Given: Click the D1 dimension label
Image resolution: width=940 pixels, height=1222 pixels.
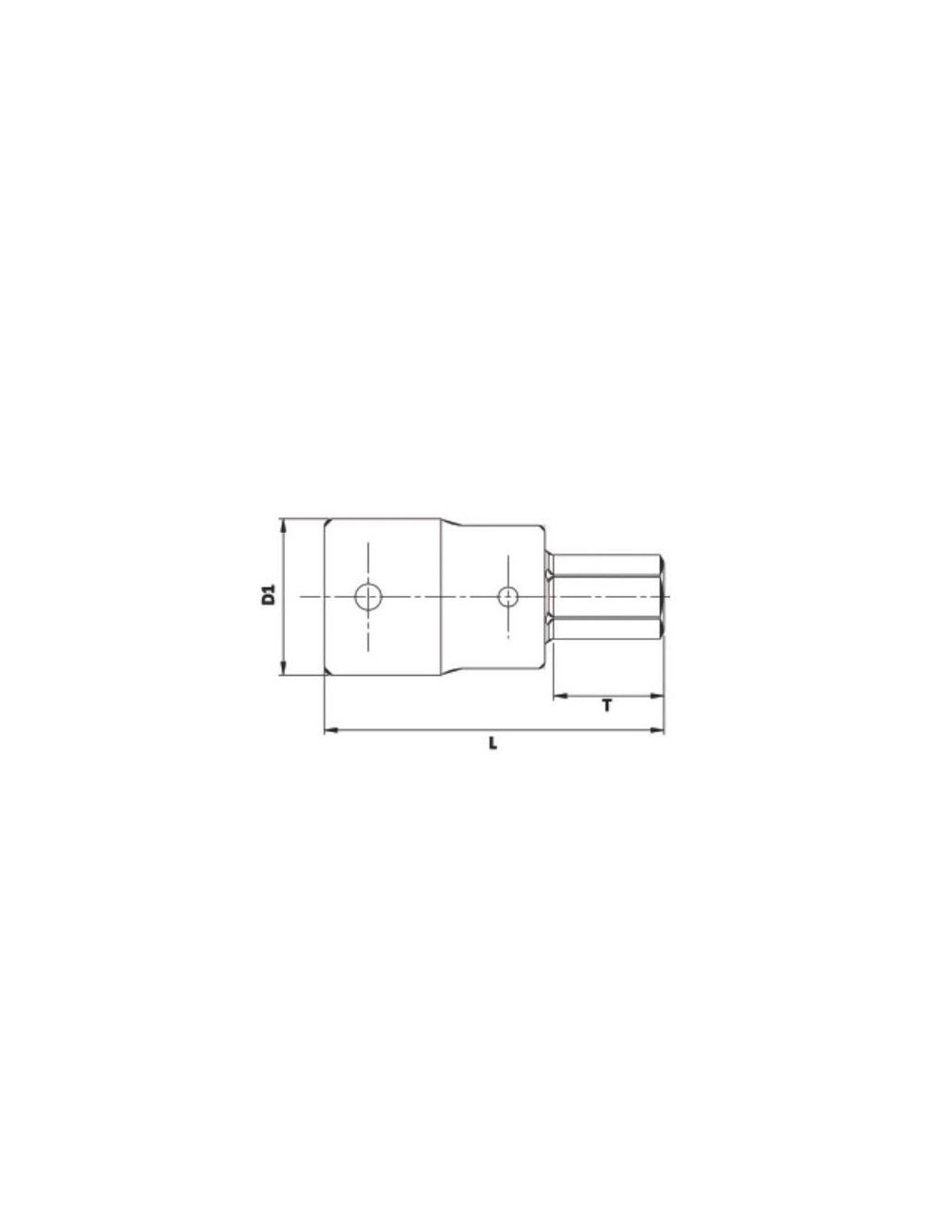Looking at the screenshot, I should pyautogui.click(x=268, y=595).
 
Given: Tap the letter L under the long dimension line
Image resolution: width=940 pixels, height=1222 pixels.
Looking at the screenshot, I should pyautogui.click(x=493, y=744).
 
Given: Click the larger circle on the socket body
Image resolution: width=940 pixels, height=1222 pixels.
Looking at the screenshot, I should pyautogui.click(x=368, y=595).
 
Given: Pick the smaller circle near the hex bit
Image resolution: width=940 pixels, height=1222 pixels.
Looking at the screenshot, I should pyautogui.click(x=508, y=595).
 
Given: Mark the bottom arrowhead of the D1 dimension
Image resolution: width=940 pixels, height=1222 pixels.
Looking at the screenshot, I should pyautogui.click(x=282, y=668).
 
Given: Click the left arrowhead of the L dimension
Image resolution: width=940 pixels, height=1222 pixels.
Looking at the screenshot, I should pyautogui.click(x=330, y=729).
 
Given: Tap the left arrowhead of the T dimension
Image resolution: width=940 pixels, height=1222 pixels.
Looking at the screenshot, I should pyautogui.click(x=557, y=697).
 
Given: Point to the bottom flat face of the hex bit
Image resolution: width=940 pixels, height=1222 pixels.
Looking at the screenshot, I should pyautogui.click(x=606, y=628).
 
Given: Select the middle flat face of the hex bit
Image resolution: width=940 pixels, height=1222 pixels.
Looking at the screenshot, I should pyautogui.click(x=606, y=595).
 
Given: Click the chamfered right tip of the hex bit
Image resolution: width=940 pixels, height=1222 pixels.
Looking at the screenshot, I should pyautogui.click(x=662, y=595).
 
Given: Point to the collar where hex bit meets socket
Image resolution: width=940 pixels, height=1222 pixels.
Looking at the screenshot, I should pyautogui.click(x=548, y=595).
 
